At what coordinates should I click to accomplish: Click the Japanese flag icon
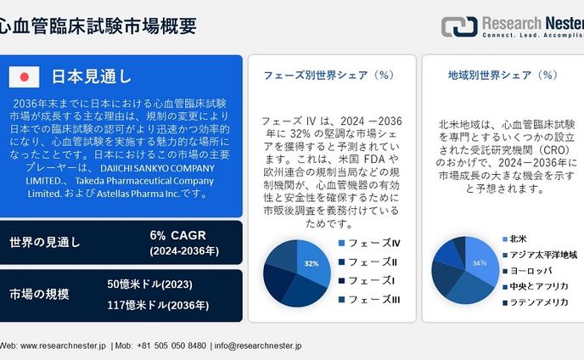(x=25, y=76)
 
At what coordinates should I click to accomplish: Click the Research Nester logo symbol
(x=459, y=26)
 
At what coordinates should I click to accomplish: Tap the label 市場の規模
(x=39, y=295)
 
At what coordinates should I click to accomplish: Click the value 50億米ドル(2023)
(x=148, y=284)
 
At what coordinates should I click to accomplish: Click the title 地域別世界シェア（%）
(x=502, y=76)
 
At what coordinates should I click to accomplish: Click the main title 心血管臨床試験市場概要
(x=98, y=26)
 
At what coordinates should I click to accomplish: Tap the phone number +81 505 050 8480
(x=171, y=346)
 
